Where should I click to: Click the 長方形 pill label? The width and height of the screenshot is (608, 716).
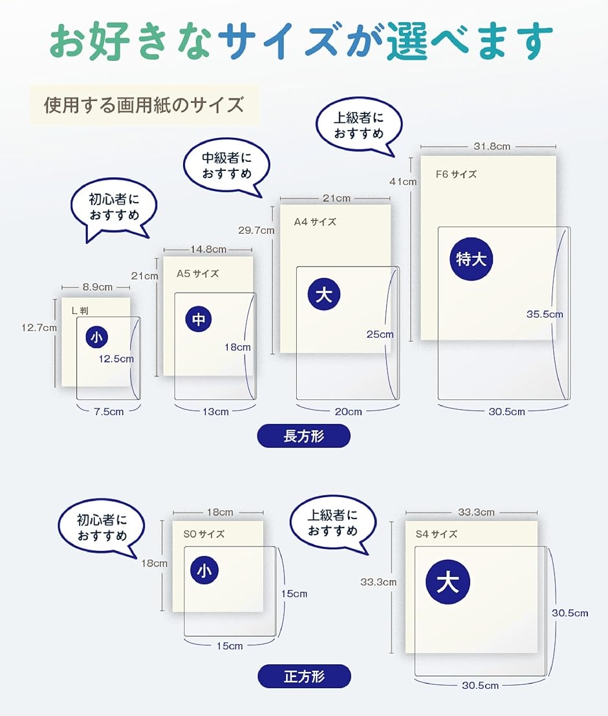[x=304, y=436]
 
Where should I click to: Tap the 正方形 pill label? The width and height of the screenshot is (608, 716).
[x=304, y=676]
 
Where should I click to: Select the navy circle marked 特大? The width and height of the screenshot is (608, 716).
[x=471, y=259]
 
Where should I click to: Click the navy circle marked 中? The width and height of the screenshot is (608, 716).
[x=199, y=319]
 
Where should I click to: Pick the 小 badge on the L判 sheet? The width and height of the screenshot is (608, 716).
[x=96, y=337]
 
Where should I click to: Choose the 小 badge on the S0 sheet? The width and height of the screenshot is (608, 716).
[x=204, y=570]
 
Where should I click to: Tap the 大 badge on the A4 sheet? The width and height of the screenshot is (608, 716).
[x=324, y=294]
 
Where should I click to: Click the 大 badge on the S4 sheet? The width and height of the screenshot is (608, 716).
[x=448, y=582]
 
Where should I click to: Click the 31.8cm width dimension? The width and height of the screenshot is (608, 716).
[x=492, y=146]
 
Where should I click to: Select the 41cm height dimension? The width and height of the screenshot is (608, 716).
[x=403, y=181]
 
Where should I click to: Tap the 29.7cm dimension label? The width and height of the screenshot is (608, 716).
[x=256, y=230]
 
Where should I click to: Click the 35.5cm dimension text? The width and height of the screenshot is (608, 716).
[x=545, y=314]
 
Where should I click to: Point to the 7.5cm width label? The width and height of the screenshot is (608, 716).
[x=109, y=412]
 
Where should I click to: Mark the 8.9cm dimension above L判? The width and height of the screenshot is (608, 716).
[x=97, y=287]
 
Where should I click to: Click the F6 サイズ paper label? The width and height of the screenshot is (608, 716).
[x=456, y=174]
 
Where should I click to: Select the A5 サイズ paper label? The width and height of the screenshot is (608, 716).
[x=197, y=274]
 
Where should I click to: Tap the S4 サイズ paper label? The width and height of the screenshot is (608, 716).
[x=436, y=534]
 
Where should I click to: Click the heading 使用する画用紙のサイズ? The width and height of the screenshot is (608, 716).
[x=144, y=105]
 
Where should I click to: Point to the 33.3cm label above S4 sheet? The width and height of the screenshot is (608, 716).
[x=476, y=512]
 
